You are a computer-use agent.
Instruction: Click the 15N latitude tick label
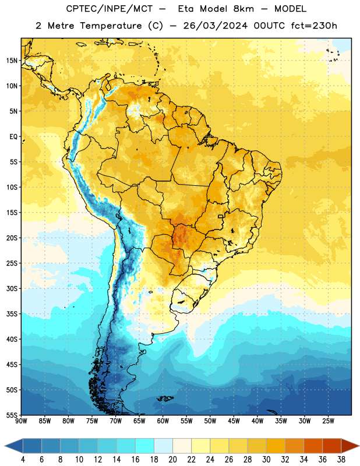12,61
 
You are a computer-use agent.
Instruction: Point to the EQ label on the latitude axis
13,137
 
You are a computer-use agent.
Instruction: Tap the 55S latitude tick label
12,415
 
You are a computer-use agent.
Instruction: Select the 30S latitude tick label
12,288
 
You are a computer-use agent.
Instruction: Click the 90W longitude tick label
21,421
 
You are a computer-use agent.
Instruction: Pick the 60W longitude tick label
163,421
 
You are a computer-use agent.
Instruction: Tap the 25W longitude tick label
328,421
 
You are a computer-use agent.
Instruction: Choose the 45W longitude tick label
234,421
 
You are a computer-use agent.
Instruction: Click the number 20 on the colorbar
172,460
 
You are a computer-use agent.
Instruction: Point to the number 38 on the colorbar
341,460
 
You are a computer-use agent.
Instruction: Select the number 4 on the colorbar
23,460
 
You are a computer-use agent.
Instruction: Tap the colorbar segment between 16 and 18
144,446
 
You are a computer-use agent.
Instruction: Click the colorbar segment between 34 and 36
313,446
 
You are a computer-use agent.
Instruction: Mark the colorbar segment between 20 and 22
182,446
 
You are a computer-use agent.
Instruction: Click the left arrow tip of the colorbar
5,446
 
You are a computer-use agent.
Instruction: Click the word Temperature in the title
111,26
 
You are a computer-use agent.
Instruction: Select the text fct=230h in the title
314,26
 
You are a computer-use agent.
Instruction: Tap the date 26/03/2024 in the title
215,26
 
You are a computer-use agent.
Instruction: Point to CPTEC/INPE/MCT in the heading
109,9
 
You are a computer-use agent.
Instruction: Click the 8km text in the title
243,9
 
